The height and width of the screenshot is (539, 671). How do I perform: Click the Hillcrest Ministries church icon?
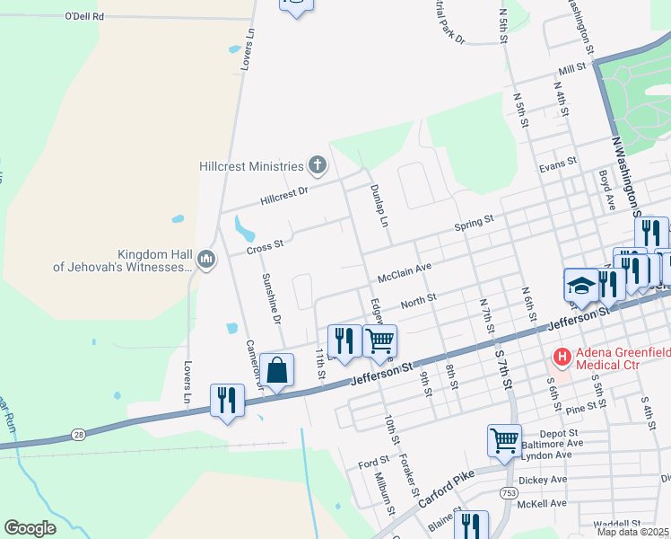click(317, 165)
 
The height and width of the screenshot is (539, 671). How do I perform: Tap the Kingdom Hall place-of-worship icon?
click(205, 260)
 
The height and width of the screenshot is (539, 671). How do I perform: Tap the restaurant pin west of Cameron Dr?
click(227, 400)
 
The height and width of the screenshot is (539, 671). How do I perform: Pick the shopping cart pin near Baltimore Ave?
click(504, 441)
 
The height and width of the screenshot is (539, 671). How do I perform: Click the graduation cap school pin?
click(579, 286)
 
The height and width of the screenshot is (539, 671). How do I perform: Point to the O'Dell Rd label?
click(85, 16)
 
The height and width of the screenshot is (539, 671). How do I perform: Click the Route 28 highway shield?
click(77, 436)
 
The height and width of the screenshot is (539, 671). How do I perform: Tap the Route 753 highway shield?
click(510, 492)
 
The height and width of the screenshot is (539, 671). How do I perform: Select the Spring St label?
click(474, 221)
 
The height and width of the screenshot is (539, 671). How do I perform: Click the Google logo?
click(30, 528)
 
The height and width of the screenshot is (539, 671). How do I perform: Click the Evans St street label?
click(556, 167)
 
